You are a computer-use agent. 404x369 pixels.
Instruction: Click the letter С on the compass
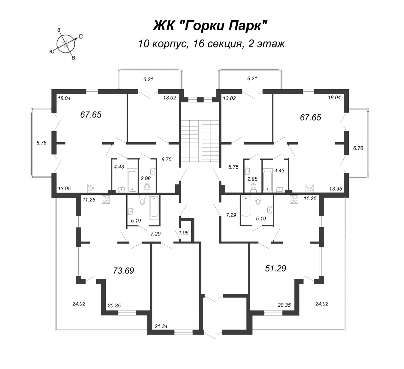tap(81, 37)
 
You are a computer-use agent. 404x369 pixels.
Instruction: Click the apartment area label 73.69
tap(123, 271)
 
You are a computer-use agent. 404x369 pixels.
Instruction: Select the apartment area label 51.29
tap(276, 268)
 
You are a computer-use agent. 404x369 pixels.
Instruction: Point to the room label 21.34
tap(161, 326)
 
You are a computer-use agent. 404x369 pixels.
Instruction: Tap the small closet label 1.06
tap(183, 233)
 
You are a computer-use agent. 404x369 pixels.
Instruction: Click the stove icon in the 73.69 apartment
tap(106, 200)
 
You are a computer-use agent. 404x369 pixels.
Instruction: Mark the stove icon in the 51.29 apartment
tap(294, 200)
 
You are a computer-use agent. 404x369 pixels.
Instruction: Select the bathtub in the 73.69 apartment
tap(154, 207)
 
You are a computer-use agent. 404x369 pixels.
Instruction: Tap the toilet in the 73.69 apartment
tap(142, 200)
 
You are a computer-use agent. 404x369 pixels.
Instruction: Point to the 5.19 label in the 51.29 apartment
tap(261, 218)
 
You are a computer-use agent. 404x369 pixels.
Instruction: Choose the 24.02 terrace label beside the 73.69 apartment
tap(79, 304)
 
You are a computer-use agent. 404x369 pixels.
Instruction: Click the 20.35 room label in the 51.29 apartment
tap(284, 305)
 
